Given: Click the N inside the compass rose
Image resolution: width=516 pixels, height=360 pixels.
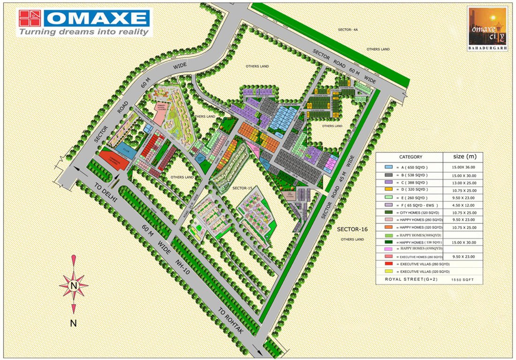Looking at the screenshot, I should (x=73, y=285).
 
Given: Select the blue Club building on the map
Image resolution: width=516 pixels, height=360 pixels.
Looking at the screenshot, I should (x=126, y=150).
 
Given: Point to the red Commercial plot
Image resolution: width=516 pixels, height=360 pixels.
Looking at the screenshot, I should (x=114, y=160).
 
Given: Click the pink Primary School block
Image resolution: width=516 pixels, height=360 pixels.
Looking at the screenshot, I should (x=162, y=114).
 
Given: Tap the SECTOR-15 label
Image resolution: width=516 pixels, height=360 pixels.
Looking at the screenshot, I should (x=243, y=187).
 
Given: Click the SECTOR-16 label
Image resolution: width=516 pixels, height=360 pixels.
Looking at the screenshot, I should (x=352, y=229).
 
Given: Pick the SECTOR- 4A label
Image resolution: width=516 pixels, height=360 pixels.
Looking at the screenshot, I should (x=348, y=30).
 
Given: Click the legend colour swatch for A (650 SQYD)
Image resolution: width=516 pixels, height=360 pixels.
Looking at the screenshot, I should (x=388, y=167).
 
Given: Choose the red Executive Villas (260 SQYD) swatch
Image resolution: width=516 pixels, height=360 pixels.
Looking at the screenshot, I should (x=388, y=264).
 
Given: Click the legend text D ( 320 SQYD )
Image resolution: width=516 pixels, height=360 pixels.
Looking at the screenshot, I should (x=413, y=190).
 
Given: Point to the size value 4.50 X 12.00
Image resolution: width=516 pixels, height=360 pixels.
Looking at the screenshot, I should (x=462, y=204).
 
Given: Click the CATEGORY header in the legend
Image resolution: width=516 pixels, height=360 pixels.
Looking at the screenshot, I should (x=410, y=157).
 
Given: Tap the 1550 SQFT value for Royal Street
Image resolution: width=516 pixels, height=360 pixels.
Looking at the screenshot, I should (x=462, y=279).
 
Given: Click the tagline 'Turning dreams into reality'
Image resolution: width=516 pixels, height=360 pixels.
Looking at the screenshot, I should (x=84, y=32).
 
